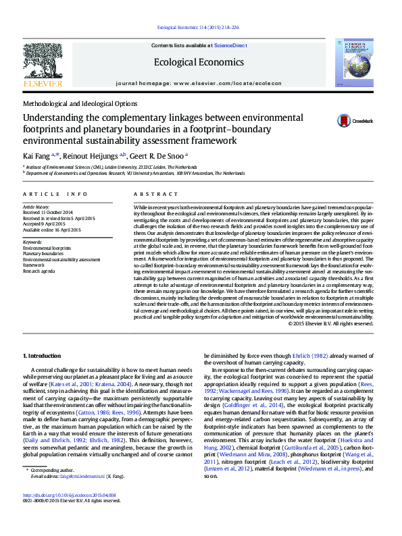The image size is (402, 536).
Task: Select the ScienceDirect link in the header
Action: coord(230,45)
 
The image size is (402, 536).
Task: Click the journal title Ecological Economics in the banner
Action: coord(199,62)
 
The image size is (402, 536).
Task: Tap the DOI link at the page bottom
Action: coord(70,514)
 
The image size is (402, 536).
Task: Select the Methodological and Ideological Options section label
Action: coord(80,104)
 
